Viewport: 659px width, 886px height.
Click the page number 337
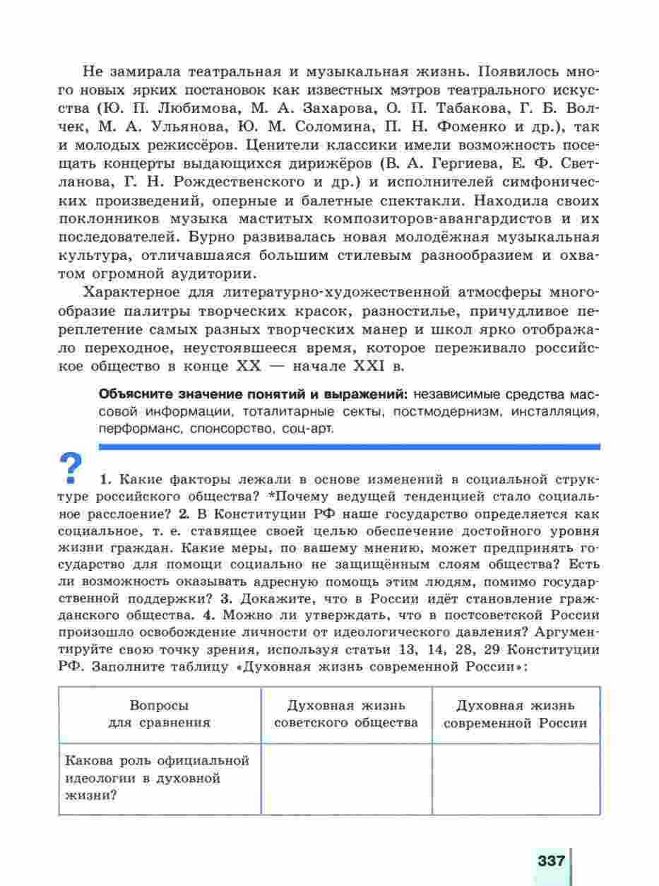552,861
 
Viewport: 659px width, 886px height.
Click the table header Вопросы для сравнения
160,714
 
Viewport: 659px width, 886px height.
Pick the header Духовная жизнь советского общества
346,714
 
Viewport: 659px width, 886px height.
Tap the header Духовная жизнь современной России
516,714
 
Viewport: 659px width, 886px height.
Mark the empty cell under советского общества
346,779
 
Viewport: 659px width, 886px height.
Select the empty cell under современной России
516,779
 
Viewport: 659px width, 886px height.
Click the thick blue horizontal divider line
350,447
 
